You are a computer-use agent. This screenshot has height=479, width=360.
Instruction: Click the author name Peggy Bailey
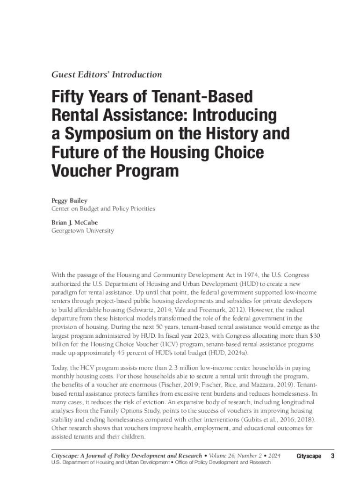(x=69, y=201)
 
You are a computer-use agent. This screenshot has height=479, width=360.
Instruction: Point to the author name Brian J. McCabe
(x=74, y=223)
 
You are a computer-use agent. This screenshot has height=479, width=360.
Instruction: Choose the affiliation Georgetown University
(x=82, y=231)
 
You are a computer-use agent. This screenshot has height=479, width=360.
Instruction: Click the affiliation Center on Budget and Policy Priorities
(x=103, y=209)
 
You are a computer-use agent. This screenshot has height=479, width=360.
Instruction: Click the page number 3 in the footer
(x=332, y=456)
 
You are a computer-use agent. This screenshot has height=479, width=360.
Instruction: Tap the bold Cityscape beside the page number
(x=309, y=456)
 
